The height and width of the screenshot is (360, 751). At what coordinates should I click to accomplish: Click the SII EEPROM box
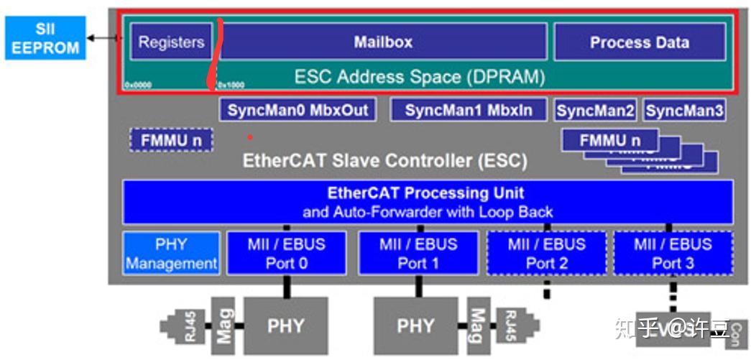(44, 38)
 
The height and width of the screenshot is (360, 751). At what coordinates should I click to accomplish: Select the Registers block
(171, 42)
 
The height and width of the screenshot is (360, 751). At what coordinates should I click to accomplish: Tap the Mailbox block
(383, 42)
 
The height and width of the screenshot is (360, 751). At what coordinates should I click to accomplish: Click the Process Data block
(639, 42)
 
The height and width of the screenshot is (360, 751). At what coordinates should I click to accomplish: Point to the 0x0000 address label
(137, 85)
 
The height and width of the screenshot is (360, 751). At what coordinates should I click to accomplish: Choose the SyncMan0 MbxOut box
(298, 110)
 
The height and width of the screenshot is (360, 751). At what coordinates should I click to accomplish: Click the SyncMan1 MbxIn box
(469, 110)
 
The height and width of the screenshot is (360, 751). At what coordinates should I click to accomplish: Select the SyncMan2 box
(596, 111)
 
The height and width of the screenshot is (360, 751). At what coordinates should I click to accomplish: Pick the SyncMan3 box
(683, 111)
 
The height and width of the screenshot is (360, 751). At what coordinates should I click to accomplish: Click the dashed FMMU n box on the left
(171, 140)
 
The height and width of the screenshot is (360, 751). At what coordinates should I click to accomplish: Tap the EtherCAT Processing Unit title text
(426, 193)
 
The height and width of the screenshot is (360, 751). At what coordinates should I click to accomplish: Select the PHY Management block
(170, 253)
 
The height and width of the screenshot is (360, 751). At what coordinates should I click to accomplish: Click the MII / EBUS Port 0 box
(286, 253)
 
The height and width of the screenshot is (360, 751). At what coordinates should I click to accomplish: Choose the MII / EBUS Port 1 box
(418, 253)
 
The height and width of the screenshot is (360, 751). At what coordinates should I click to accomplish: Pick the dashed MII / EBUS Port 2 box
(546, 253)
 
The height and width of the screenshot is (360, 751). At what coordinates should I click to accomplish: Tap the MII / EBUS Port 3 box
(673, 253)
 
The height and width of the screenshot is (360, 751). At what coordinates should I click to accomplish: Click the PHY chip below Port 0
(286, 326)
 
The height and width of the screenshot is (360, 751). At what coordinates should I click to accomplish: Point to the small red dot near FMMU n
(250, 136)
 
